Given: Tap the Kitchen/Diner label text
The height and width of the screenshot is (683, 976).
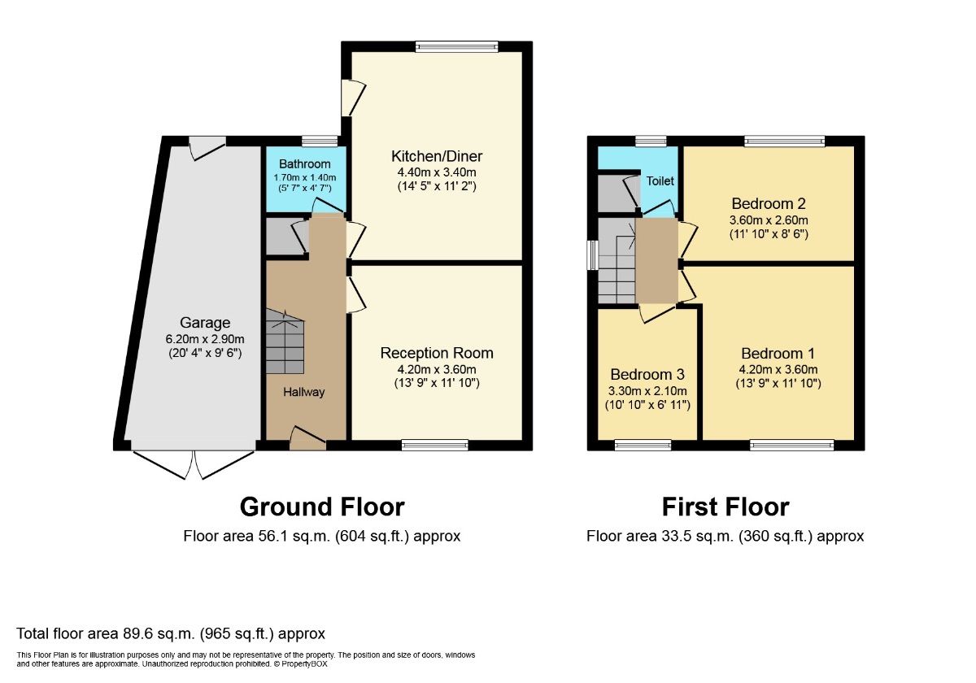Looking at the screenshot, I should pos(437,156).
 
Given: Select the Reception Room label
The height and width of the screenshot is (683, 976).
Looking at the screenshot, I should pos(437,353).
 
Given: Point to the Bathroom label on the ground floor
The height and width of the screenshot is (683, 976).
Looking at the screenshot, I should pos(305,164).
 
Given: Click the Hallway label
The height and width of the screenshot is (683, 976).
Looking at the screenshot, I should pos(303,392).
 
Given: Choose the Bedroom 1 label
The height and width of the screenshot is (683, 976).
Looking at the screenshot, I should pos(778,354).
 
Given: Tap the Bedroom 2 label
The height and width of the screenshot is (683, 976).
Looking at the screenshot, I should pos(769,203).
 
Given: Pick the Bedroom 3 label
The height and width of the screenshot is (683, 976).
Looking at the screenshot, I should pos(647,375).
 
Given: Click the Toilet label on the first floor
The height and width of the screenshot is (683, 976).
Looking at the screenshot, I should pos(660,181).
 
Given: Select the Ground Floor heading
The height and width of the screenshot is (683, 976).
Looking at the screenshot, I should pos(322,507).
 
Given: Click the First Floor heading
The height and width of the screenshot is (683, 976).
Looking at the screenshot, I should pos(725,507).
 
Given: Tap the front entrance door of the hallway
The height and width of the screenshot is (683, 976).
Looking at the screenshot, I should pos(307,439).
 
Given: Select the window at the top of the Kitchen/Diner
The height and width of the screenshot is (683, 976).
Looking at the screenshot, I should pos(456,47).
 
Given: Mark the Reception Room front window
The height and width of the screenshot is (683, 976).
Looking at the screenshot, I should pos(435,445).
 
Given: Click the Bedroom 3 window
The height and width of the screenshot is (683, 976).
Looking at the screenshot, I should pos(643,445).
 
